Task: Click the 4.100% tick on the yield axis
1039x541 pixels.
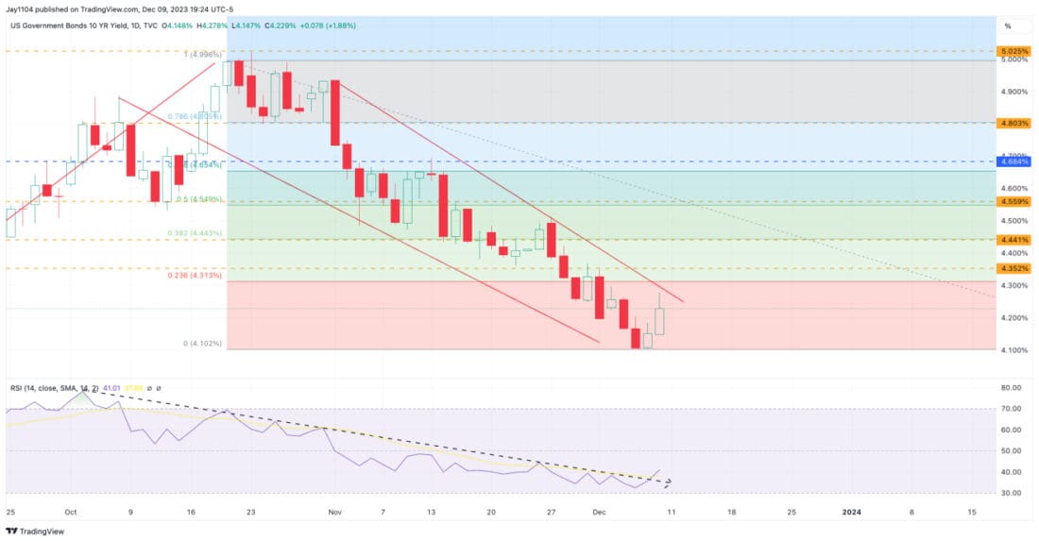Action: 1015,350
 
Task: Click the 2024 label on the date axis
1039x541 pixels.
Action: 851,511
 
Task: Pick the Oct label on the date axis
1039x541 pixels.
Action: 70,511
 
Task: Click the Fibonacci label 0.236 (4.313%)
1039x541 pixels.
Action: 196,276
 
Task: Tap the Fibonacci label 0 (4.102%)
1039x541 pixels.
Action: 203,344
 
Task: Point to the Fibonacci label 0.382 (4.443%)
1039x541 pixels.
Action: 196,233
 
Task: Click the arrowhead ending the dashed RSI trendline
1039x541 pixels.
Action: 670,483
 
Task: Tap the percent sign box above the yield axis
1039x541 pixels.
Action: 1008,25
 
